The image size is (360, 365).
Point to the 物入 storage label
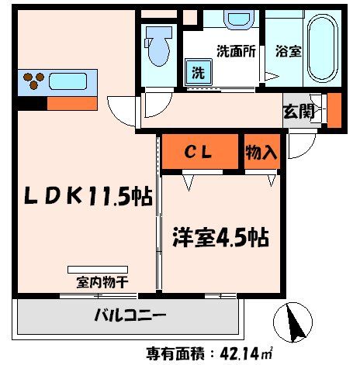coord(261,152)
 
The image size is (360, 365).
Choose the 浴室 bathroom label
coord(289,53)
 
